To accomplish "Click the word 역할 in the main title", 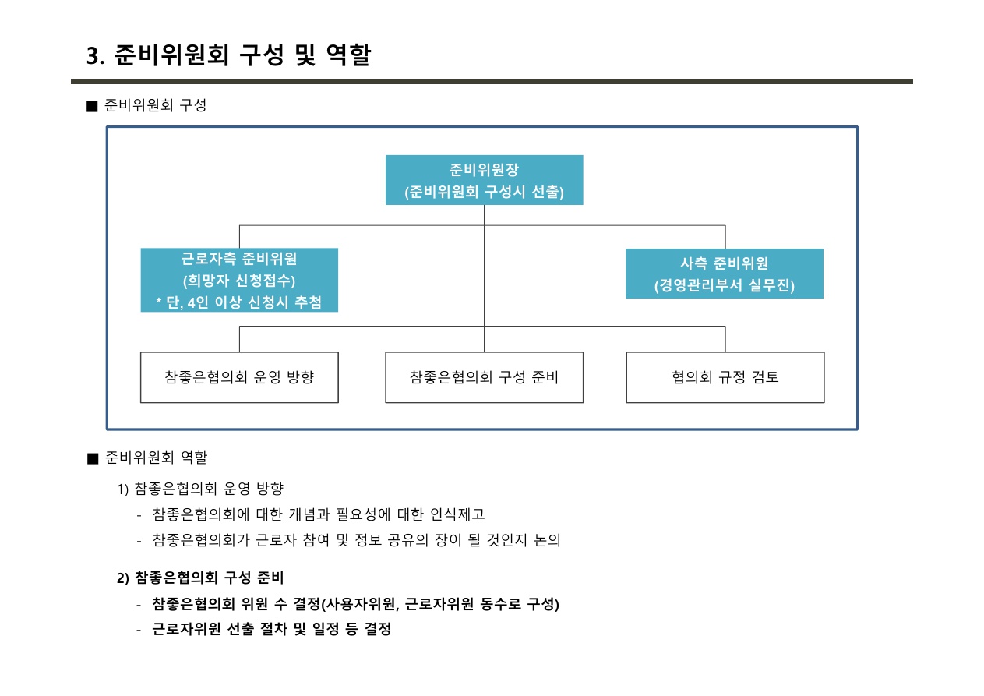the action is click(349, 55).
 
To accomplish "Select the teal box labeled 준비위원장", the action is click(484, 180).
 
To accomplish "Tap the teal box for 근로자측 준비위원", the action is click(239, 280).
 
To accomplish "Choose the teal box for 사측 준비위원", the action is click(725, 274).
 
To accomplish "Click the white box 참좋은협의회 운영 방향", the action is click(239, 377).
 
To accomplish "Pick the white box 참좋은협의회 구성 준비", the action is click(484, 377).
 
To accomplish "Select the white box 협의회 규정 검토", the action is click(725, 377).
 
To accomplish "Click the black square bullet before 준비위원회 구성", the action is click(92, 106).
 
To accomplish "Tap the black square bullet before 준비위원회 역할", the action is click(93, 459).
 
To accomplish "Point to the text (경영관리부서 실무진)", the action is click(725, 285).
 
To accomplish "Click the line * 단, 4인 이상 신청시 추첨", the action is click(239, 302).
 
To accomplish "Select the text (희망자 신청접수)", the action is click(239, 281).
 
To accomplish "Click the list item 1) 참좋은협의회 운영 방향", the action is click(200, 489).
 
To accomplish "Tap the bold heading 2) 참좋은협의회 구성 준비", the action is click(200, 578).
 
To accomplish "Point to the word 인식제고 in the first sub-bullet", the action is click(457, 514).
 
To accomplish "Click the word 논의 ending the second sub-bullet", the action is click(548, 539).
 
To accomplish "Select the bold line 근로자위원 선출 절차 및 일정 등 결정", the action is click(271, 629).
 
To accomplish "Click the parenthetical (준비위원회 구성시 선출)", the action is click(484, 192).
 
